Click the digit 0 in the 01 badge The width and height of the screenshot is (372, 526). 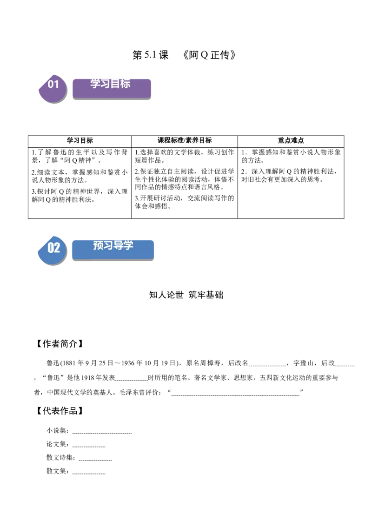51,84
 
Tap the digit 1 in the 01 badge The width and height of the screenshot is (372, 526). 57,84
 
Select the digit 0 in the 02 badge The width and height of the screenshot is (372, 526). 51,248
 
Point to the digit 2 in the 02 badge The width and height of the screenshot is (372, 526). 57,248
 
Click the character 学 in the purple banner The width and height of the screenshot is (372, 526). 95,84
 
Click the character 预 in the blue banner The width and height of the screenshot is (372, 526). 98,245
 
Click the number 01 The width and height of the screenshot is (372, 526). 53,84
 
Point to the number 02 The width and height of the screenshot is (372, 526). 54,248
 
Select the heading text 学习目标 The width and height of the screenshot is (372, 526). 110,84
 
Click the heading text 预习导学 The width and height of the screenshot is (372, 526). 113,245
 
